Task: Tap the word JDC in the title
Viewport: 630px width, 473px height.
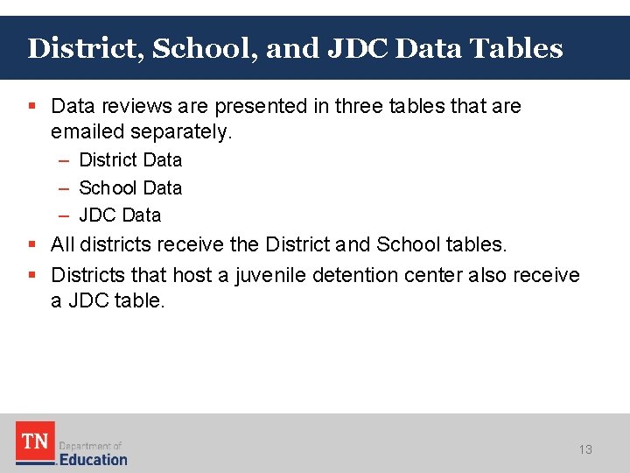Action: click(358, 48)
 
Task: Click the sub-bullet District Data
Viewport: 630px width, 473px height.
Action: click(130, 159)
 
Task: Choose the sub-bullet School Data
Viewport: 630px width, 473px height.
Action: click(130, 187)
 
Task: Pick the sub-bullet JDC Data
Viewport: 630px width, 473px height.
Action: click(120, 215)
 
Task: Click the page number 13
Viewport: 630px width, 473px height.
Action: click(585, 449)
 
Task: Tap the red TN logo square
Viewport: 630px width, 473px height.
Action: click(35, 441)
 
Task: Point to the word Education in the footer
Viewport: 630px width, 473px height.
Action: click(94, 459)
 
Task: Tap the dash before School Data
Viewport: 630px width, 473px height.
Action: click(66, 187)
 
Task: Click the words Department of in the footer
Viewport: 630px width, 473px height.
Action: click(90, 445)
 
